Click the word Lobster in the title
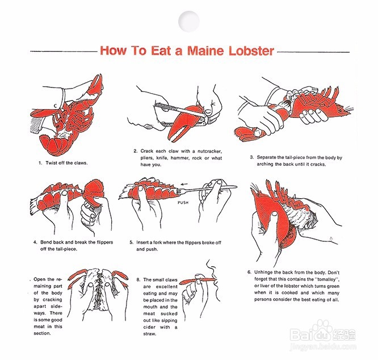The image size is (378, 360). pos(251,51)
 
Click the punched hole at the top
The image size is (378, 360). pos(189,22)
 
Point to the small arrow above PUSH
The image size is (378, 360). pos(184,184)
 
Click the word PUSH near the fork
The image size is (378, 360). pos(183,203)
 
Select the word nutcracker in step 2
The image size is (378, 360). pos(209,151)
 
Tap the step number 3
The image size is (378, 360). pos(251,157)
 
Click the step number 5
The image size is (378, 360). pos(131,242)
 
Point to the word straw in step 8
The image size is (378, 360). pos(149,334)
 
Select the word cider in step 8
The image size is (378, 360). pos(149,327)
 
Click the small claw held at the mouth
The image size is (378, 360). pos(198,280)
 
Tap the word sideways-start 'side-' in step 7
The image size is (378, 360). pos(56,306)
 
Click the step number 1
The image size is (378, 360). pos(40,163)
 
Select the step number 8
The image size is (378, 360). pos(138,280)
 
